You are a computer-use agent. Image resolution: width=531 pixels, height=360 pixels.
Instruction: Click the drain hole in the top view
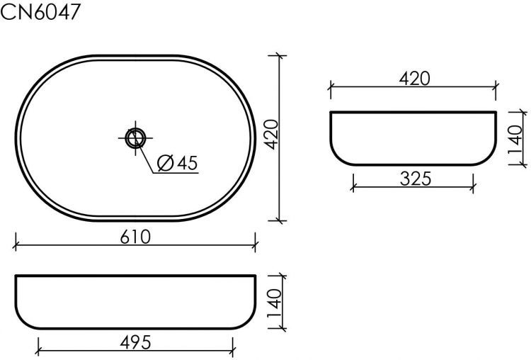pos(135,137)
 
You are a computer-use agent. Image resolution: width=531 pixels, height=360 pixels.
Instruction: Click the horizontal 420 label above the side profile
pos(414,78)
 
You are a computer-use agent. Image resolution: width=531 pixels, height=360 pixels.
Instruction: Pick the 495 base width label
pos(135,342)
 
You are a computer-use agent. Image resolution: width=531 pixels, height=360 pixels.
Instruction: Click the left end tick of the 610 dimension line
pos(16,246)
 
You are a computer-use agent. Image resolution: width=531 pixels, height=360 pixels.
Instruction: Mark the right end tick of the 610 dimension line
pos(256,246)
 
